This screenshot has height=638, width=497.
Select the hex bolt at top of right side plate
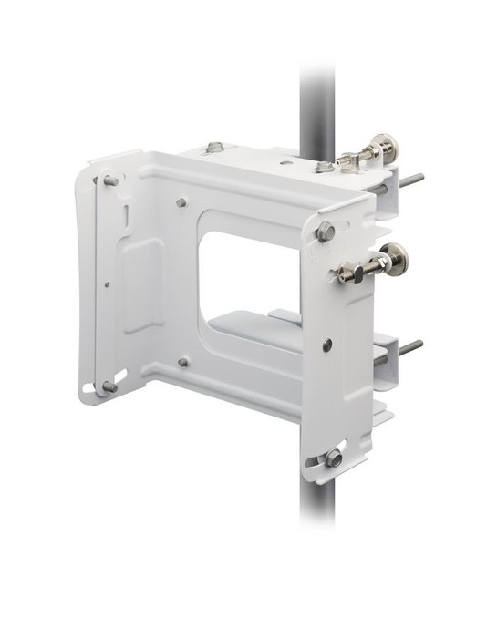click(326, 232)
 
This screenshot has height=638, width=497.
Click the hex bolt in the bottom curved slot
click(335, 456)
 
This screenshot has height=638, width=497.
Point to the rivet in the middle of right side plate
click(327, 344)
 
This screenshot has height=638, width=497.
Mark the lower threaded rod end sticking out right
click(412, 347)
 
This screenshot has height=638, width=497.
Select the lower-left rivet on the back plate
click(183, 362)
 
